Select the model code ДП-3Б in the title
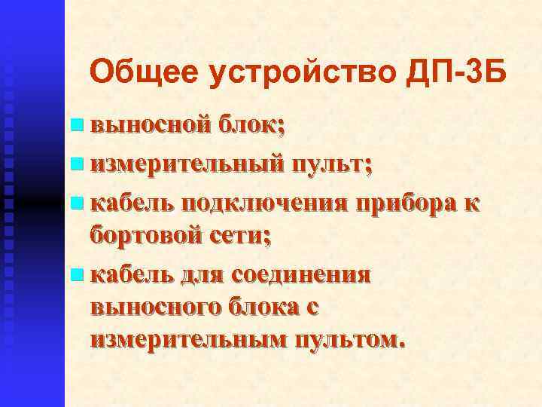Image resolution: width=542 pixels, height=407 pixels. [x=455, y=72]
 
